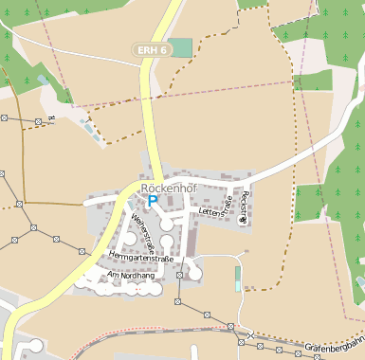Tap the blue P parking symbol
(x=153, y=202)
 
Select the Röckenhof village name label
(x=167, y=189)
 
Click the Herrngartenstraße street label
(x=142, y=256)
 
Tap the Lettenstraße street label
(x=217, y=212)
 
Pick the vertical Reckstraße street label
(x=245, y=206)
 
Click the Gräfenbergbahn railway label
(x=335, y=348)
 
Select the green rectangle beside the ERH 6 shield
(x=180, y=46)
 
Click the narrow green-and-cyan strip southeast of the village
(x=237, y=279)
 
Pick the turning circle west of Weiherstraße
(x=129, y=239)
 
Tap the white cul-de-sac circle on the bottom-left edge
(x=35, y=345)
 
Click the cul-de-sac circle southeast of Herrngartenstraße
(x=194, y=272)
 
